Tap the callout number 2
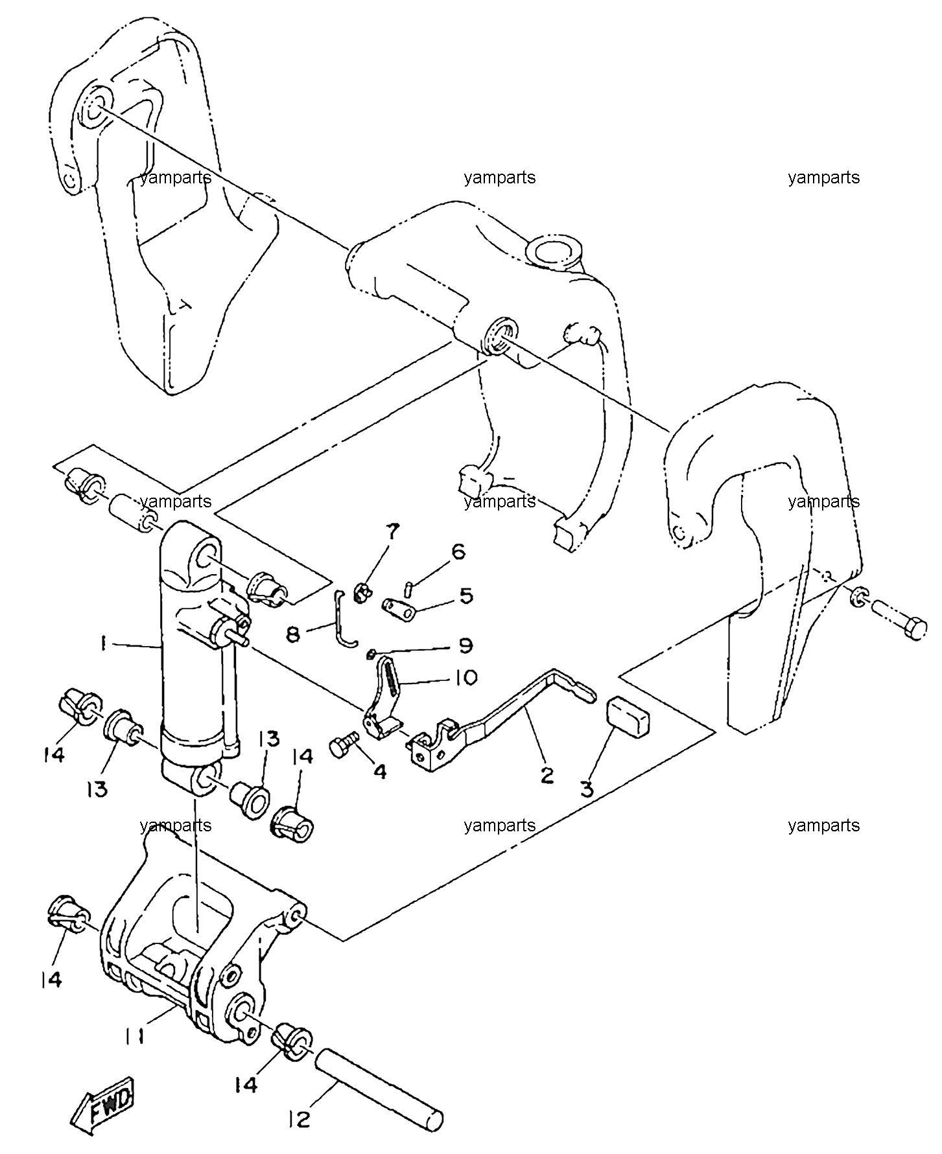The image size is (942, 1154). (x=547, y=775)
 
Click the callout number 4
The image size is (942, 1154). (x=380, y=771)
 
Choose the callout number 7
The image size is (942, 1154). (x=394, y=533)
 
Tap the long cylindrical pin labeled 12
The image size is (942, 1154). (x=380, y=1092)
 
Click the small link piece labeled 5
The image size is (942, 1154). (x=399, y=610)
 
